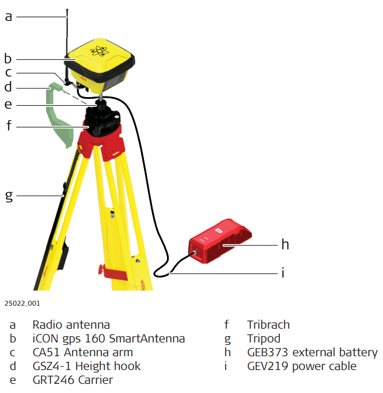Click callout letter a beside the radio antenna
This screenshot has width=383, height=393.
pos(8,17)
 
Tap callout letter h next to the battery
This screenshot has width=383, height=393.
pos(285,245)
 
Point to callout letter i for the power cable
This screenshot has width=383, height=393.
pos(283,272)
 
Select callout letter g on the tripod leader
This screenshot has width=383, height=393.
pos(8,195)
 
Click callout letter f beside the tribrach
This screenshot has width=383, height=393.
pos(9,125)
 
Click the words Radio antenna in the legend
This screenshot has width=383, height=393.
pos(71,325)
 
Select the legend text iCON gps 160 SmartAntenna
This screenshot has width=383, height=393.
pos(108,338)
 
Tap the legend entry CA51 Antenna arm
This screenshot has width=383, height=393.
pos(82,352)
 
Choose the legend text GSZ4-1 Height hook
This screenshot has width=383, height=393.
pos(86,366)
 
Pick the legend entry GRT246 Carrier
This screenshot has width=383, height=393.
pos(72,380)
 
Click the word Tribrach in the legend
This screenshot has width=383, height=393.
pos(268,325)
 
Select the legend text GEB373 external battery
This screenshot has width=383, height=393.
pos(312,352)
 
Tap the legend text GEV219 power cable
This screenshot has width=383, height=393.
pos(302,366)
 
